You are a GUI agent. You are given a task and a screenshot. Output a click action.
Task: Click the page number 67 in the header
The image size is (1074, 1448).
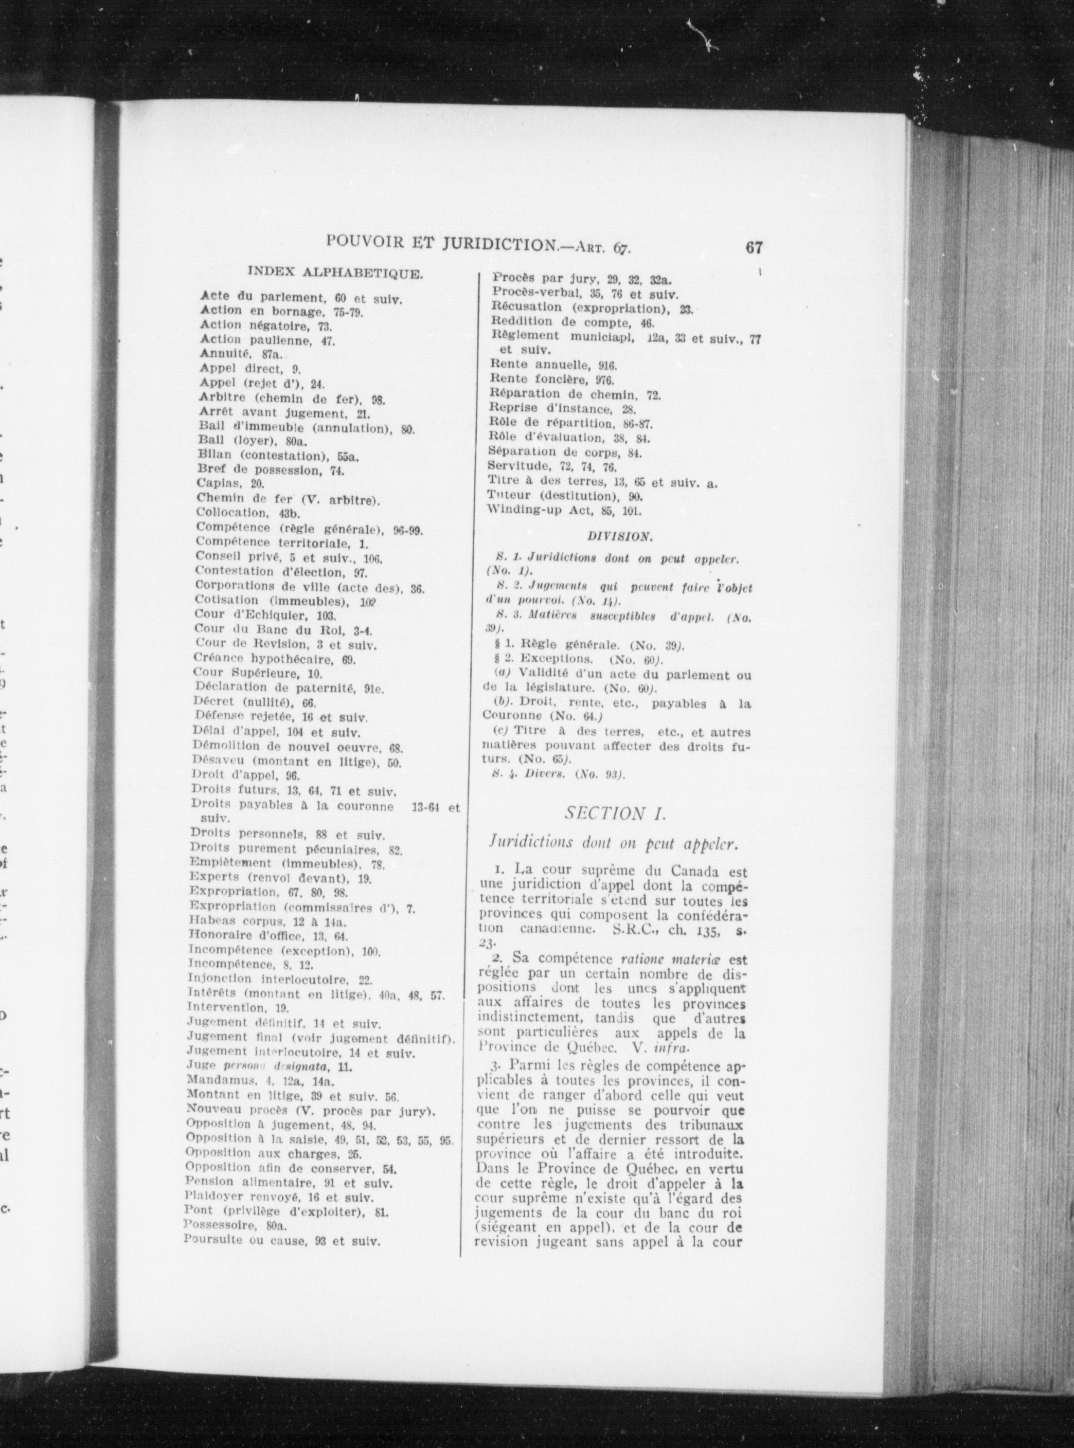click(754, 248)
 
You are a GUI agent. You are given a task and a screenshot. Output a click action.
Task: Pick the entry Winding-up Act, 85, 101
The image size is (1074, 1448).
click(565, 511)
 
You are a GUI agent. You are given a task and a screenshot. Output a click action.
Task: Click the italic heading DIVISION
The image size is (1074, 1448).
click(618, 537)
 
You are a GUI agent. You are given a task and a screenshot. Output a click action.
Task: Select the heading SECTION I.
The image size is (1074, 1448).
click(613, 813)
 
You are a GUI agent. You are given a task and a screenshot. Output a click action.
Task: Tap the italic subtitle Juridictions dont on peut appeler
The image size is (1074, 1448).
click(613, 844)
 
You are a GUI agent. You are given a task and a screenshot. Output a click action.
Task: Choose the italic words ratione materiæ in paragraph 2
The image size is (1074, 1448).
click(668, 958)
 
